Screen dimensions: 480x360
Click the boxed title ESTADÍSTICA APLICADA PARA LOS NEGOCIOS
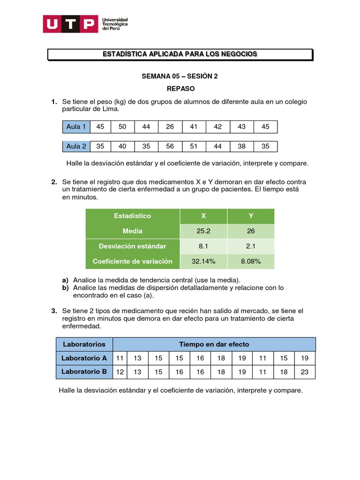[x=180, y=54]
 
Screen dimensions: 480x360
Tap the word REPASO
[x=180, y=88]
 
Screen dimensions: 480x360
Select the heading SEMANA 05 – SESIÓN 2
[x=180, y=77]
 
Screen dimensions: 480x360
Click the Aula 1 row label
[x=76, y=127]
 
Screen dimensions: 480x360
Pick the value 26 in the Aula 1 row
[x=170, y=127]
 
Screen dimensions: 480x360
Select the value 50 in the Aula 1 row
[x=122, y=127]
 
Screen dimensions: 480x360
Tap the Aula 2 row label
[x=76, y=146]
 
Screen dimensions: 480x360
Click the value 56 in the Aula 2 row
[x=170, y=146]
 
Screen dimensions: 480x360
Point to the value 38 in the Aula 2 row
[x=241, y=146]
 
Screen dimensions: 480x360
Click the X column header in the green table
[x=203, y=216]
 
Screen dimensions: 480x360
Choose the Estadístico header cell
[x=133, y=216]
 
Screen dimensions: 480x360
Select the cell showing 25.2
[x=203, y=231]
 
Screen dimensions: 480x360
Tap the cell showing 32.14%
[x=203, y=261]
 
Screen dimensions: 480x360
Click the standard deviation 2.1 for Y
[x=251, y=246]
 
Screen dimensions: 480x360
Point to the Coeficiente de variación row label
[x=133, y=261]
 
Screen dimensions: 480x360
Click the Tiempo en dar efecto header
[x=214, y=344]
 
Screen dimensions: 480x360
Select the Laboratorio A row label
[x=84, y=358]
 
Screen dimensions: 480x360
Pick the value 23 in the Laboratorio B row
[x=305, y=372]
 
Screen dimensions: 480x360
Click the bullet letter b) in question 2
[x=66, y=288]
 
